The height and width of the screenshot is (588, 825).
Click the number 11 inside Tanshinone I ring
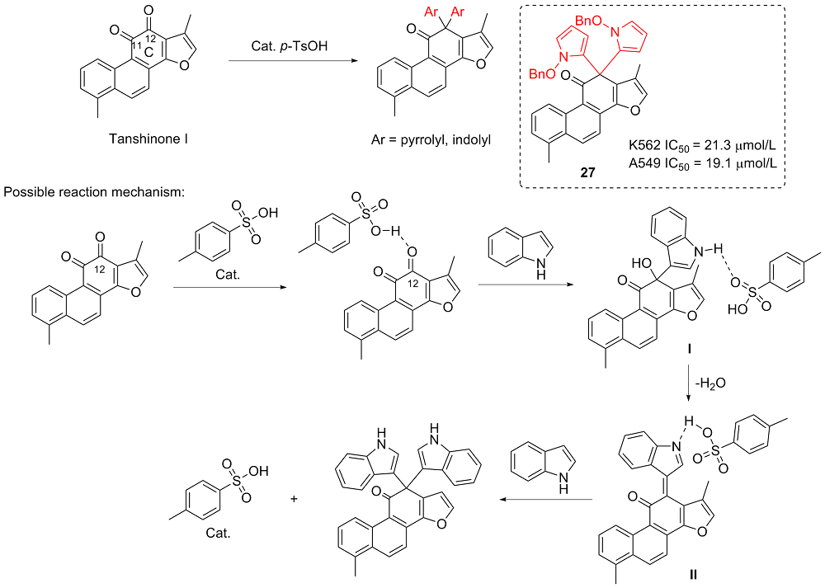tap(137, 42)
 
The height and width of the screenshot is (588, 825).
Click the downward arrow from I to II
tap(689, 381)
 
